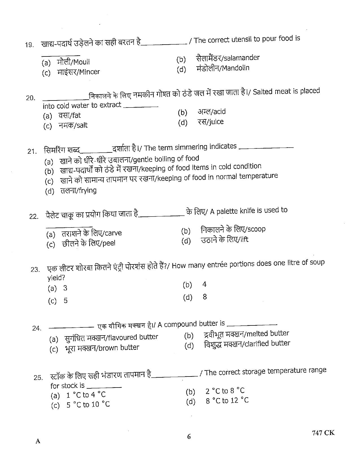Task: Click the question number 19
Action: click(29, 45)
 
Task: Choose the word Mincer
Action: click(90, 72)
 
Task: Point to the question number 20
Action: click(30, 98)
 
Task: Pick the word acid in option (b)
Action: click(219, 112)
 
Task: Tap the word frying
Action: click(87, 191)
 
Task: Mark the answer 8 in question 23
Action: click(205, 297)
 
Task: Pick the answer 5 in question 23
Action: click(66, 300)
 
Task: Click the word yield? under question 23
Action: click(56, 278)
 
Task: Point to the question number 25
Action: click(38, 377)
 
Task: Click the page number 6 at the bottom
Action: click(189, 437)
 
